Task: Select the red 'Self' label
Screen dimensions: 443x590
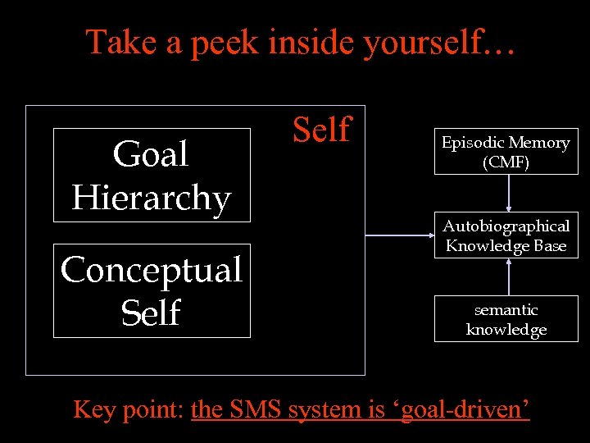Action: (x=321, y=130)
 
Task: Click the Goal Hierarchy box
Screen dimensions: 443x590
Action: (x=152, y=175)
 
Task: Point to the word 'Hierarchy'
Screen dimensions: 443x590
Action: (x=152, y=198)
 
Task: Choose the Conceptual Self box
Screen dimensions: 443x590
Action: (x=152, y=290)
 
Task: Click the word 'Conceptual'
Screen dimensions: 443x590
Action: (x=152, y=270)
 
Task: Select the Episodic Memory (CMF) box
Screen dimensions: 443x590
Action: (x=506, y=152)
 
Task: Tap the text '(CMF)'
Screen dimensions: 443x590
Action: (x=506, y=162)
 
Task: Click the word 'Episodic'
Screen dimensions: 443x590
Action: (x=474, y=143)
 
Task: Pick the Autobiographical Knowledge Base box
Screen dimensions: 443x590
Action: (x=506, y=235)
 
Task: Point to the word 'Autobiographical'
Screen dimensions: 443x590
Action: (x=506, y=226)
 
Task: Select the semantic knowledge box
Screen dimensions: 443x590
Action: (x=506, y=319)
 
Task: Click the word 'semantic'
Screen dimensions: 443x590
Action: (x=506, y=310)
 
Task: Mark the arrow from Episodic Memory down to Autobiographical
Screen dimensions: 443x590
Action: (x=509, y=193)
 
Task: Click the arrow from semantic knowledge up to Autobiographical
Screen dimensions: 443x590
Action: (x=509, y=277)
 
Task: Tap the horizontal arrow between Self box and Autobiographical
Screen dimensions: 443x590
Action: (x=399, y=235)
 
